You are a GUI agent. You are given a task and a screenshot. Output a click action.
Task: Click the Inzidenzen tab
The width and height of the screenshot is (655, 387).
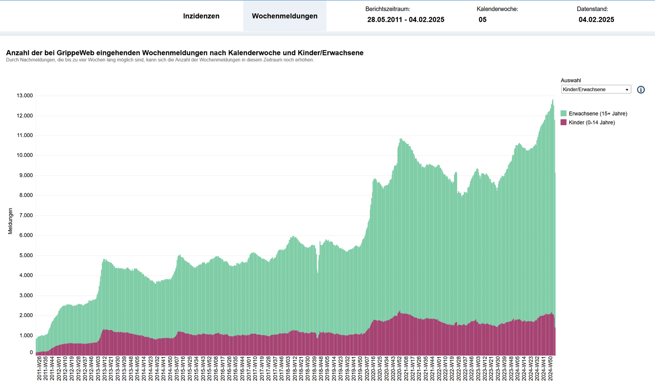pyautogui.click(x=201, y=16)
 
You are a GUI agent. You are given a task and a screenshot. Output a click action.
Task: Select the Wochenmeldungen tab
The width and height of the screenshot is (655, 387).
pyautogui.click(x=284, y=16)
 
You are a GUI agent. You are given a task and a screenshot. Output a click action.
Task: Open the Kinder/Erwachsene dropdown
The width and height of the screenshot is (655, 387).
pyautogui.click(x=596, y=90)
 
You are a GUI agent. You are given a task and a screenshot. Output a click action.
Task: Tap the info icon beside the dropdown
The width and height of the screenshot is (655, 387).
pyautogui.click(x=641, y=90)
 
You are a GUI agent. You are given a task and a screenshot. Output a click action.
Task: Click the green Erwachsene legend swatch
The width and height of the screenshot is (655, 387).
pyautogui.click(x=564, y=113)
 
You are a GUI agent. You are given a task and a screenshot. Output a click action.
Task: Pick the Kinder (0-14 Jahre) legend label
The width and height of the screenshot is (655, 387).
pyautogui.click(x=591, y=123)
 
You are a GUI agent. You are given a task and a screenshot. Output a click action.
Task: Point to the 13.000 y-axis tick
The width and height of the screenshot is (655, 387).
pyautogui.click(x=25, y=96)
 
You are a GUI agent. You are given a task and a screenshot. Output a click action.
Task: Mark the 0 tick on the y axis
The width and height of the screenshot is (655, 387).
pyautogui.click(x=31, y=352)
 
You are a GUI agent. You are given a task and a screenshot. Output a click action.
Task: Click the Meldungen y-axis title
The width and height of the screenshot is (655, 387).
pyautogui.click(x=10, y=221)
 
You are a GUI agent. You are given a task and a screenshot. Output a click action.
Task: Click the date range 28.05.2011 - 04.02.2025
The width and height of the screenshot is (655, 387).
pyautogui.click(x=405, y=20)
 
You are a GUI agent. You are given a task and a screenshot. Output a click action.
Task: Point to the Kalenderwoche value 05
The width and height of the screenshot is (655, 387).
pyautogui.click(x=482, y=20)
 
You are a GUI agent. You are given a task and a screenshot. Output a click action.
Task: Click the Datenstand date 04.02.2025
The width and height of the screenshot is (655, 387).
pyautogui.click(x=596, y=20)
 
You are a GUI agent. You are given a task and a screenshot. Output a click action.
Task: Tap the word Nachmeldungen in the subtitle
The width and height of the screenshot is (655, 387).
pyautogui.click(x=37, y=60)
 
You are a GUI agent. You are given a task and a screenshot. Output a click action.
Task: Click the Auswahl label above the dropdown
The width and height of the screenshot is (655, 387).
pyautogui.click(x=570, y=81)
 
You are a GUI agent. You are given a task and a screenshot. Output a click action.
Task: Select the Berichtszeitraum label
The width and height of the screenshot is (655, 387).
pyautogui.click(x=387, y=9)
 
